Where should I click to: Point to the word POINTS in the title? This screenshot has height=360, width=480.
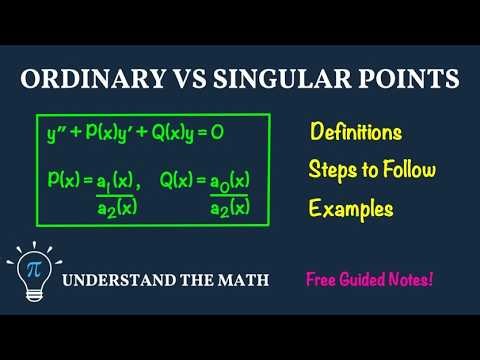(406, 79)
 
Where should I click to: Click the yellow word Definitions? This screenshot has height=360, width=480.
(355, 132)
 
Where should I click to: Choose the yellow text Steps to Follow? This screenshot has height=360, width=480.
(372, 170)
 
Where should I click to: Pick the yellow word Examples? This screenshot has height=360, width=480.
(351, 209)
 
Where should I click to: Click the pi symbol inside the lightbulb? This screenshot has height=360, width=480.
(34, 265)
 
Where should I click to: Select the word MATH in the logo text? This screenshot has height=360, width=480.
(241, 280)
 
